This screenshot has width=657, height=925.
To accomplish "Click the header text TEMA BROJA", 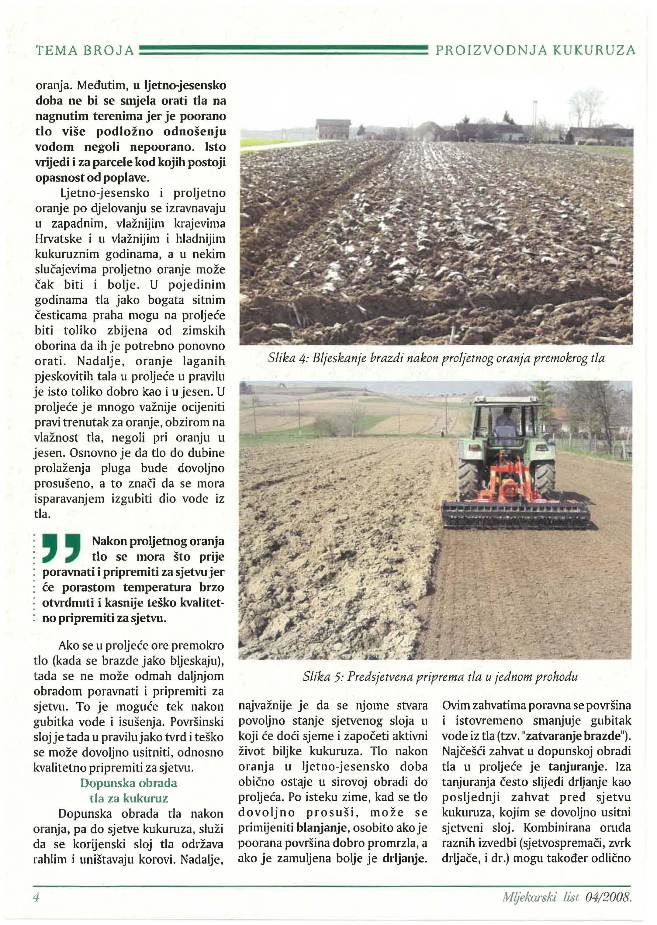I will point(85,50).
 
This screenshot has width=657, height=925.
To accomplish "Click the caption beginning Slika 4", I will point(436,358).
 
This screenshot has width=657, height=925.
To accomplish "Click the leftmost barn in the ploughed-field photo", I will point(333,128).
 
